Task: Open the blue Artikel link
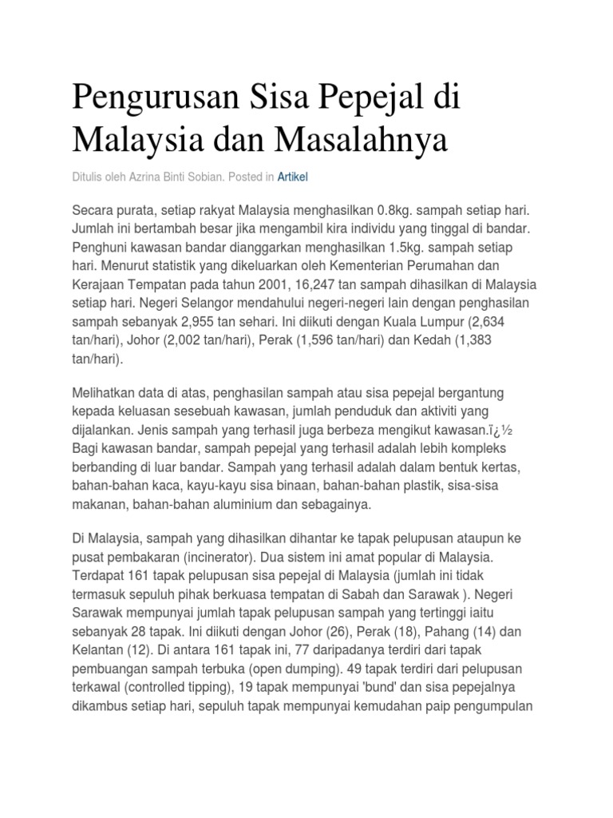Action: tap(292, 177)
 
